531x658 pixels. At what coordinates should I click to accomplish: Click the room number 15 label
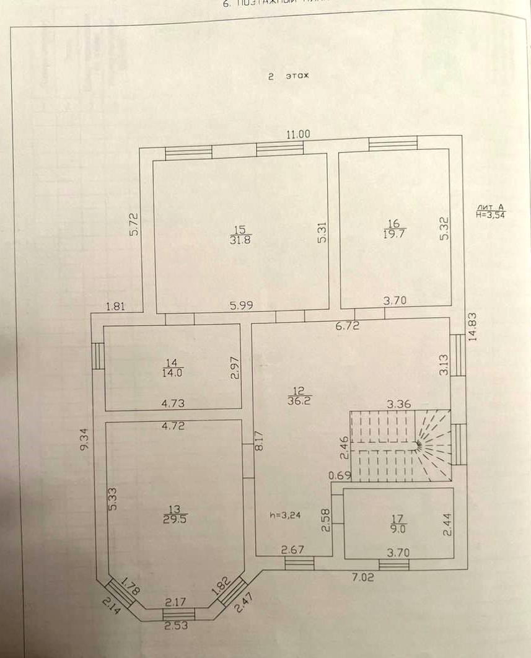tap(239, 229)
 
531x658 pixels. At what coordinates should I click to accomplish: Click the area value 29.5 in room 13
tap(173, 519)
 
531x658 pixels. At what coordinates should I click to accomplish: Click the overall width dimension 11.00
tap(297, 133)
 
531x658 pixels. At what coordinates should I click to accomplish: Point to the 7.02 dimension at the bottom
tap(364, 577)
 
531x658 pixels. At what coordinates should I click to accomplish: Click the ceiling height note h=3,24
tap(285, 514)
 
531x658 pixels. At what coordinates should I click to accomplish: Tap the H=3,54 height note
tap(494, 214)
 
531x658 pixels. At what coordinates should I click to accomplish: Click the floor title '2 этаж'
tap(287, 76)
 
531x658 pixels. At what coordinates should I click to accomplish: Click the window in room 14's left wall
tap(97, 356)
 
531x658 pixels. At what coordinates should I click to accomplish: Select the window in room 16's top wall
tap(393, 143)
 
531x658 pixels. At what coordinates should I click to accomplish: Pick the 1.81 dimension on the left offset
tap(116, 305)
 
